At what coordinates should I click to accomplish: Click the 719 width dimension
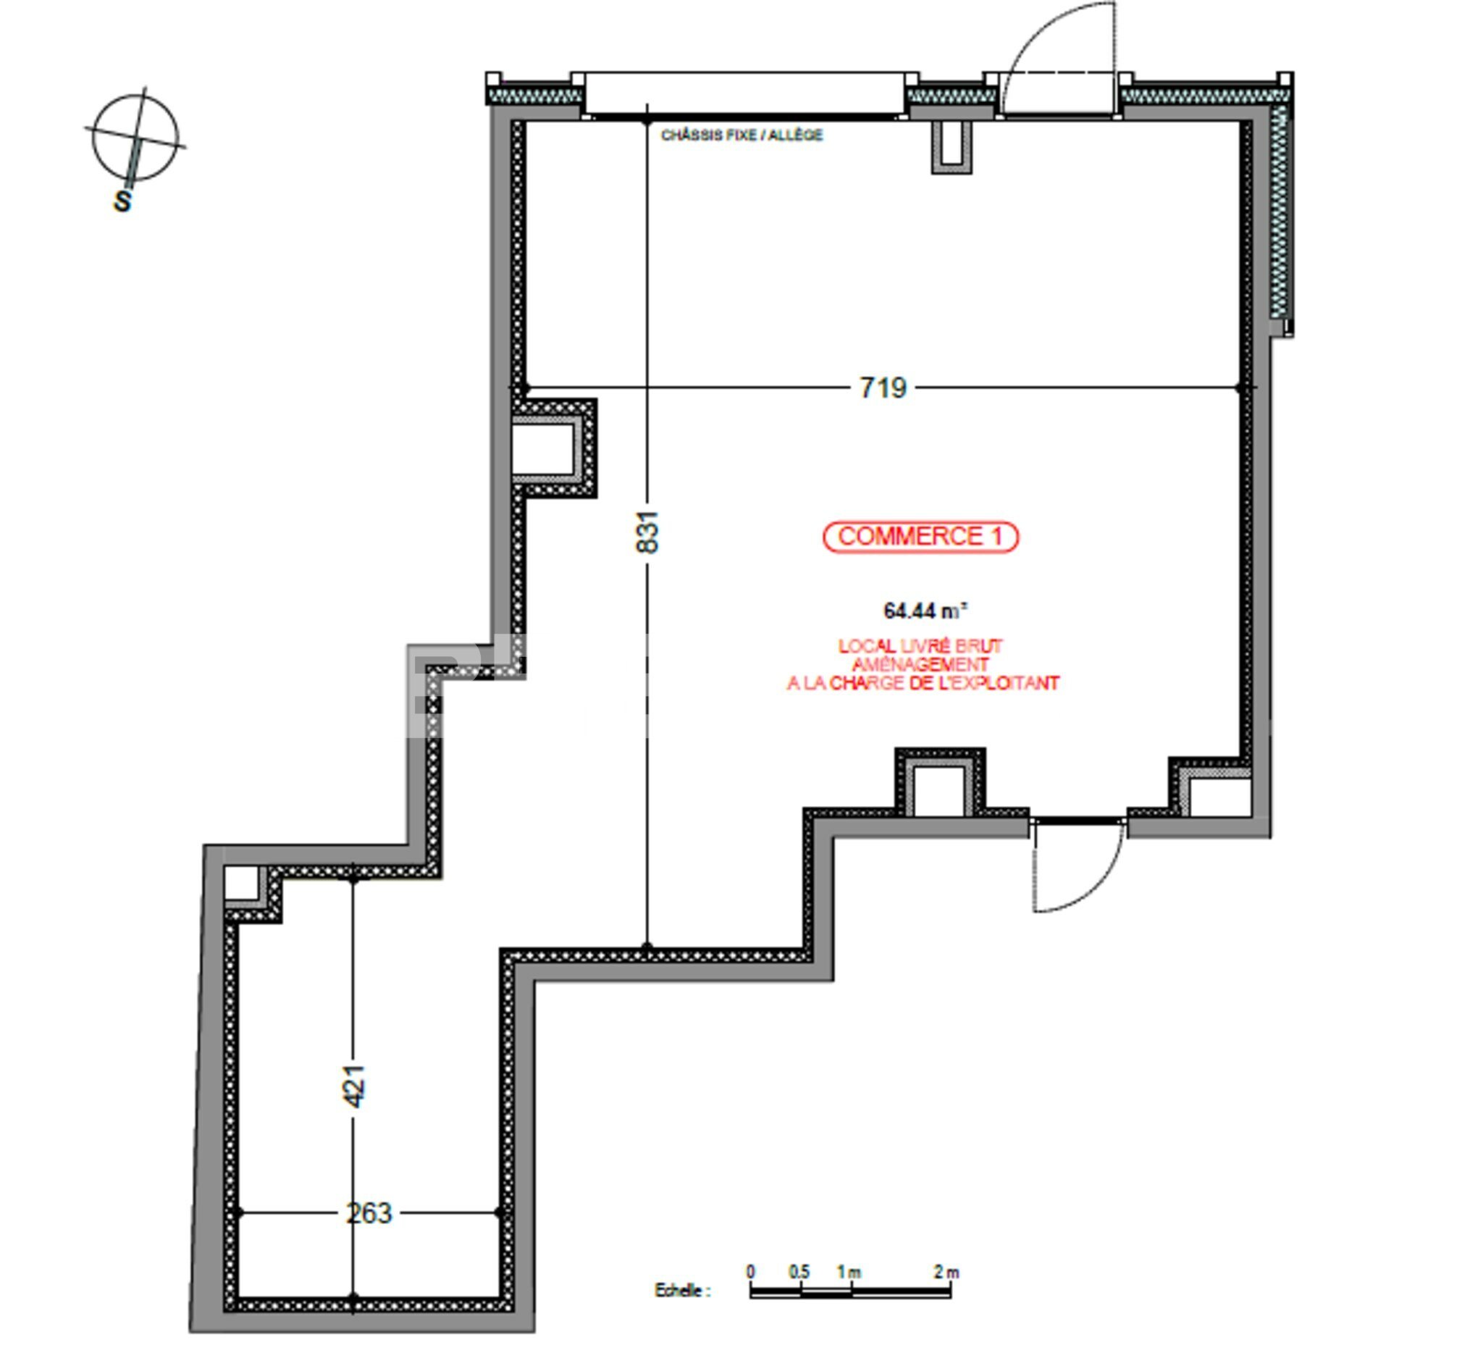(883, 387)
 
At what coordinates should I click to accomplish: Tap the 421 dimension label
(354, 1086)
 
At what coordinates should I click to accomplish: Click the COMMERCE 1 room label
(920, 537)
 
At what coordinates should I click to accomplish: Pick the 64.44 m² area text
(925, 610)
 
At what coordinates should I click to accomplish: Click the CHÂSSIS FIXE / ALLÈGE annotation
(741, 135)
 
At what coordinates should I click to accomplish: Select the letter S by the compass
(123, 201)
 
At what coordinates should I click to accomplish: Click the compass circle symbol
(135, 138)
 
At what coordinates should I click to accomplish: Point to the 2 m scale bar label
(946, 1271)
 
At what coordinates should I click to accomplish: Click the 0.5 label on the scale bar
(799, 1271)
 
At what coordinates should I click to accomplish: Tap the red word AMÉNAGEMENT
(920, 664)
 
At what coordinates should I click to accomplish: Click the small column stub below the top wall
(951, 147)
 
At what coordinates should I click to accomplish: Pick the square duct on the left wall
(553, 448)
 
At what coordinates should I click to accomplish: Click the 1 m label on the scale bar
(849, 1271)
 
